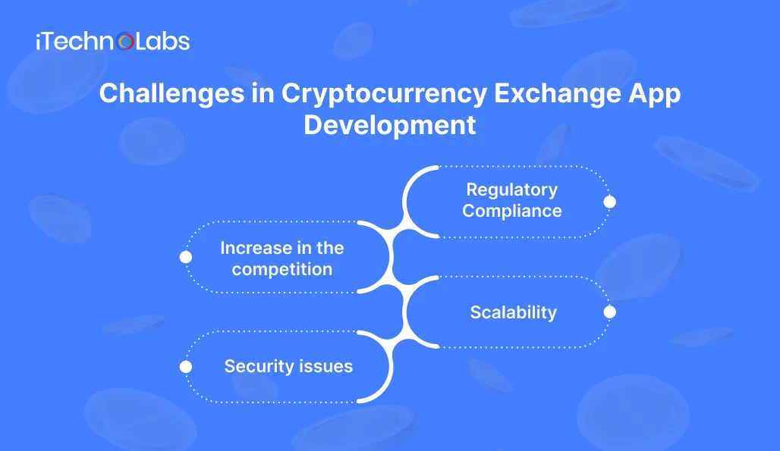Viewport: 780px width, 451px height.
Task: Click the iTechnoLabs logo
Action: (x=113, y=41)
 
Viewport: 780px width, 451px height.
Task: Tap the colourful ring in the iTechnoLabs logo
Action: (x=125, y=42)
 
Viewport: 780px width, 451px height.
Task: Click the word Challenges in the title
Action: (x=171, y=94)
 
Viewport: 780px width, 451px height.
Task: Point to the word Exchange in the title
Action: (x=558, y=94)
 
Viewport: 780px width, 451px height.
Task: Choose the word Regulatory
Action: (x=512, y=189)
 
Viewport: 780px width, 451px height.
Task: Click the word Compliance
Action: (x=512, y=211)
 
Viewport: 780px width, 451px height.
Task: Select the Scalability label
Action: (x=514, y=312)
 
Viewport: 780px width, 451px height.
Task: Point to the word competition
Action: (x=282, y=270)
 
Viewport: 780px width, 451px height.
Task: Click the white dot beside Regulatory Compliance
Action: (x=610, y=202)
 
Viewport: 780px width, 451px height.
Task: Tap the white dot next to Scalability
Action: (x=610, y=312)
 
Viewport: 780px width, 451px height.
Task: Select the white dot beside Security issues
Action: (x=186, y=367)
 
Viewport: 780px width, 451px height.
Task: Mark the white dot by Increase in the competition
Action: (x=186, y=257)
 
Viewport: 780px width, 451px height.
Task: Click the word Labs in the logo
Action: (x=162, y=41)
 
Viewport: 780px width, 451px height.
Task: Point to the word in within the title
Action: (x=263, y=94)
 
